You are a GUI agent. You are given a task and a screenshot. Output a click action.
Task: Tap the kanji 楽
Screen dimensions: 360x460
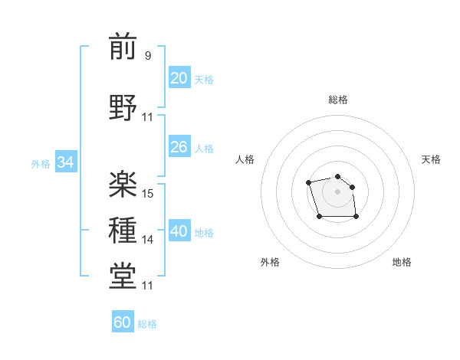point(123,184)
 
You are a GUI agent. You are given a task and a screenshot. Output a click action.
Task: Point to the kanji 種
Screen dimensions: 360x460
point(123,231)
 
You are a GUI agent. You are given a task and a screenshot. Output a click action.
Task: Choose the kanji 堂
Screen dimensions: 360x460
point(123,277)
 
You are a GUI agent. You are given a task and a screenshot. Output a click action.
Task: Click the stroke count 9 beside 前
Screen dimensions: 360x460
point(147,55)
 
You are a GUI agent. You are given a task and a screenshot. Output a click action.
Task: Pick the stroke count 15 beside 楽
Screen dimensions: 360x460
point(148,194)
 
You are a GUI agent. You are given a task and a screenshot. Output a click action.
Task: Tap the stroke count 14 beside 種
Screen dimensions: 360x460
point(148,240)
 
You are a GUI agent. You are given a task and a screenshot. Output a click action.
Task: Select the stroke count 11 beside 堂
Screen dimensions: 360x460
point(148,286)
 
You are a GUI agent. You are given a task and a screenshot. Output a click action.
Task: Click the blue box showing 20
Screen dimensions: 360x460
point(179,78)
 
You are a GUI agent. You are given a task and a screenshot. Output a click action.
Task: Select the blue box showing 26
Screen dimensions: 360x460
point(179,147)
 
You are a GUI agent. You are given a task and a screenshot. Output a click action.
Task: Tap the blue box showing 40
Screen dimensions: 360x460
point(179,231)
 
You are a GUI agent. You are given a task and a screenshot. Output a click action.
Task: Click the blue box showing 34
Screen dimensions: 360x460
point(65,162)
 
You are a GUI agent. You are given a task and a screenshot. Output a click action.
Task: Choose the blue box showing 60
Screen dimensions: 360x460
point(123,322)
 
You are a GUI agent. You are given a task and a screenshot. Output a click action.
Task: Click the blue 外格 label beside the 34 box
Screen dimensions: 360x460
point(41,163)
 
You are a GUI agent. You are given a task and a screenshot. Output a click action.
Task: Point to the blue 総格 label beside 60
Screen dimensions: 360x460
point(147,324)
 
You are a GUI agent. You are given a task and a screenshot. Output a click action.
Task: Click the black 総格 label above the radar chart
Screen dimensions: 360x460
point(337,100)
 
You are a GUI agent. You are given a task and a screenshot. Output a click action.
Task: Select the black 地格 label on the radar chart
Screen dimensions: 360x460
point(402,262)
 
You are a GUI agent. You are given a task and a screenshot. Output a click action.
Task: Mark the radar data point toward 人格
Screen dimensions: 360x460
point(308,182)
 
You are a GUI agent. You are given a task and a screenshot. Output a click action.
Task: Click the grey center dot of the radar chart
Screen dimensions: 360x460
point(337,191)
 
